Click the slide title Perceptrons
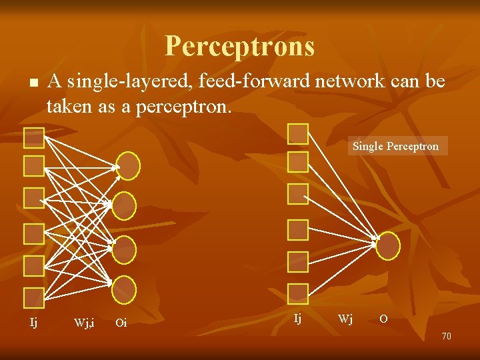(239, 46)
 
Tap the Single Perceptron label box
(395, 146)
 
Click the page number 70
(446, 336)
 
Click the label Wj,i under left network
(84, 323)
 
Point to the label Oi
(121, 323)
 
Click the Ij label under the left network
(33, 323)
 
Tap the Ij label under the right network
(297, 319)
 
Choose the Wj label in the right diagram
(345, 319)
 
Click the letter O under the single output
(383, 319)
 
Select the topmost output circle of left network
(128, 167)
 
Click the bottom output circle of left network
(124, 289)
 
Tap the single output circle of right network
(388, 246)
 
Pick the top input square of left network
(33, 137)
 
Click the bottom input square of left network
(33, 297)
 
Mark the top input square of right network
(297, 134)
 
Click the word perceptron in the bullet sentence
(183, 105)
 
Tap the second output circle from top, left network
(124, 206)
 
